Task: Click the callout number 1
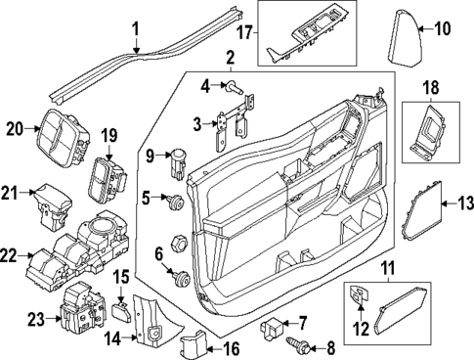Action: click(x=137, y=28)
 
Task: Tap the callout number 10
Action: click(x=442, y=28)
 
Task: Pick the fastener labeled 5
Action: click(x=176, y=203)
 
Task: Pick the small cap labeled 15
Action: click(x=121, y=311)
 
